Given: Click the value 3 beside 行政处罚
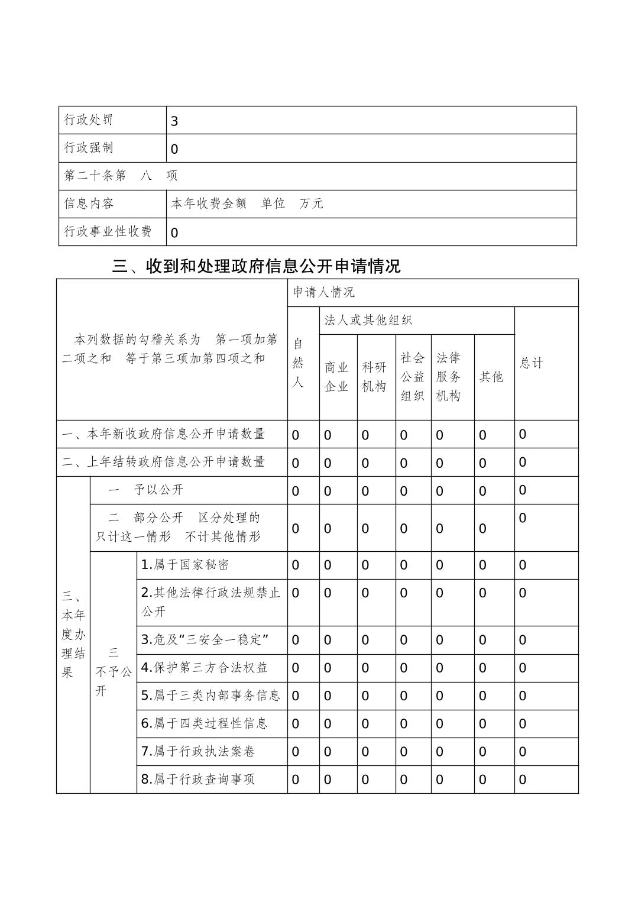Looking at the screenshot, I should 174,121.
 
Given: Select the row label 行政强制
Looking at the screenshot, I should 89,147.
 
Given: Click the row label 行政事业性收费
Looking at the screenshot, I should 108,231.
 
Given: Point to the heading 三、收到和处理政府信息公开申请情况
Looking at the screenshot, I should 256,266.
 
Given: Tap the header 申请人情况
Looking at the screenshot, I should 323,292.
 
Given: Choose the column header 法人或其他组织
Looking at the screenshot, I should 368,320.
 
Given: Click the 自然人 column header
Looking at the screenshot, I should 298,363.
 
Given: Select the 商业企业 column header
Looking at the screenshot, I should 337,377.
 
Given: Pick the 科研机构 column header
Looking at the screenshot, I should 374,377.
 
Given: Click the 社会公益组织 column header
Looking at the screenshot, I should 412,377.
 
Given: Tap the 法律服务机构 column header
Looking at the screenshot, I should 448,377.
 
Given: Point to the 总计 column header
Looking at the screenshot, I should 531,363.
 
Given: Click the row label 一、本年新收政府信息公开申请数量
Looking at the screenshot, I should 164,434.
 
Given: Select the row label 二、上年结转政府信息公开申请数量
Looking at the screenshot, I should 164,461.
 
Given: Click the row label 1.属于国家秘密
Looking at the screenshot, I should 185,565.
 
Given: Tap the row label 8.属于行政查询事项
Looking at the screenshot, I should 197,779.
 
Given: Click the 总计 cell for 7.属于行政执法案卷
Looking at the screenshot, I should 523,752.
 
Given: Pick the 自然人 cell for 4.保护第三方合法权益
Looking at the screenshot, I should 296,668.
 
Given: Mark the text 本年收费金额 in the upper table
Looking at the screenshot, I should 209,203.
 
